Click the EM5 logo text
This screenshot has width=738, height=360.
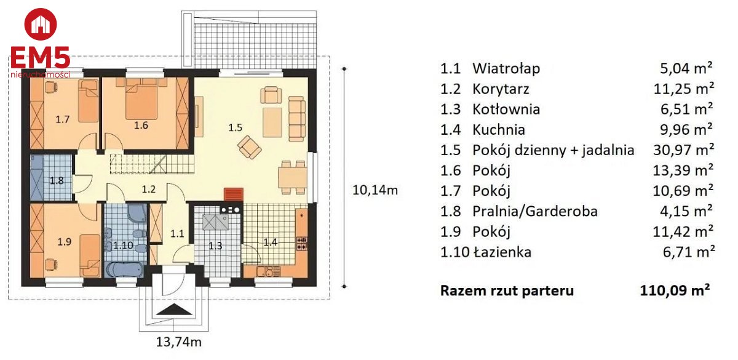41,57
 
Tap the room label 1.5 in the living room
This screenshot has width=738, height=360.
235,127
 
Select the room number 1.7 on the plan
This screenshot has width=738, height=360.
62,119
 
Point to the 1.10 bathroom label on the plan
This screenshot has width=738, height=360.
123,246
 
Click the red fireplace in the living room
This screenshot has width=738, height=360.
234,194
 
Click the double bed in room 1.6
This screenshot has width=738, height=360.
141,98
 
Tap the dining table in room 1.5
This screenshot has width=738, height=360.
293,178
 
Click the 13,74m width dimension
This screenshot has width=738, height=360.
178,342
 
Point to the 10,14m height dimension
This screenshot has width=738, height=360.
375,190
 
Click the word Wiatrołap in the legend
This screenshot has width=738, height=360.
506,68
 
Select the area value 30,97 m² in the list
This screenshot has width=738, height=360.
683,150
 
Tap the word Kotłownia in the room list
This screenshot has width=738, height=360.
506,110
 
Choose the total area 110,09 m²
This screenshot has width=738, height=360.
675,290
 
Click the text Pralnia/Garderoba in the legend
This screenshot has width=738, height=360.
535,211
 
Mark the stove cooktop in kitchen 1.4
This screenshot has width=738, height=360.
302,243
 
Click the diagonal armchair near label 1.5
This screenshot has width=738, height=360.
250,147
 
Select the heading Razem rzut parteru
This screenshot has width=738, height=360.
507,290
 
